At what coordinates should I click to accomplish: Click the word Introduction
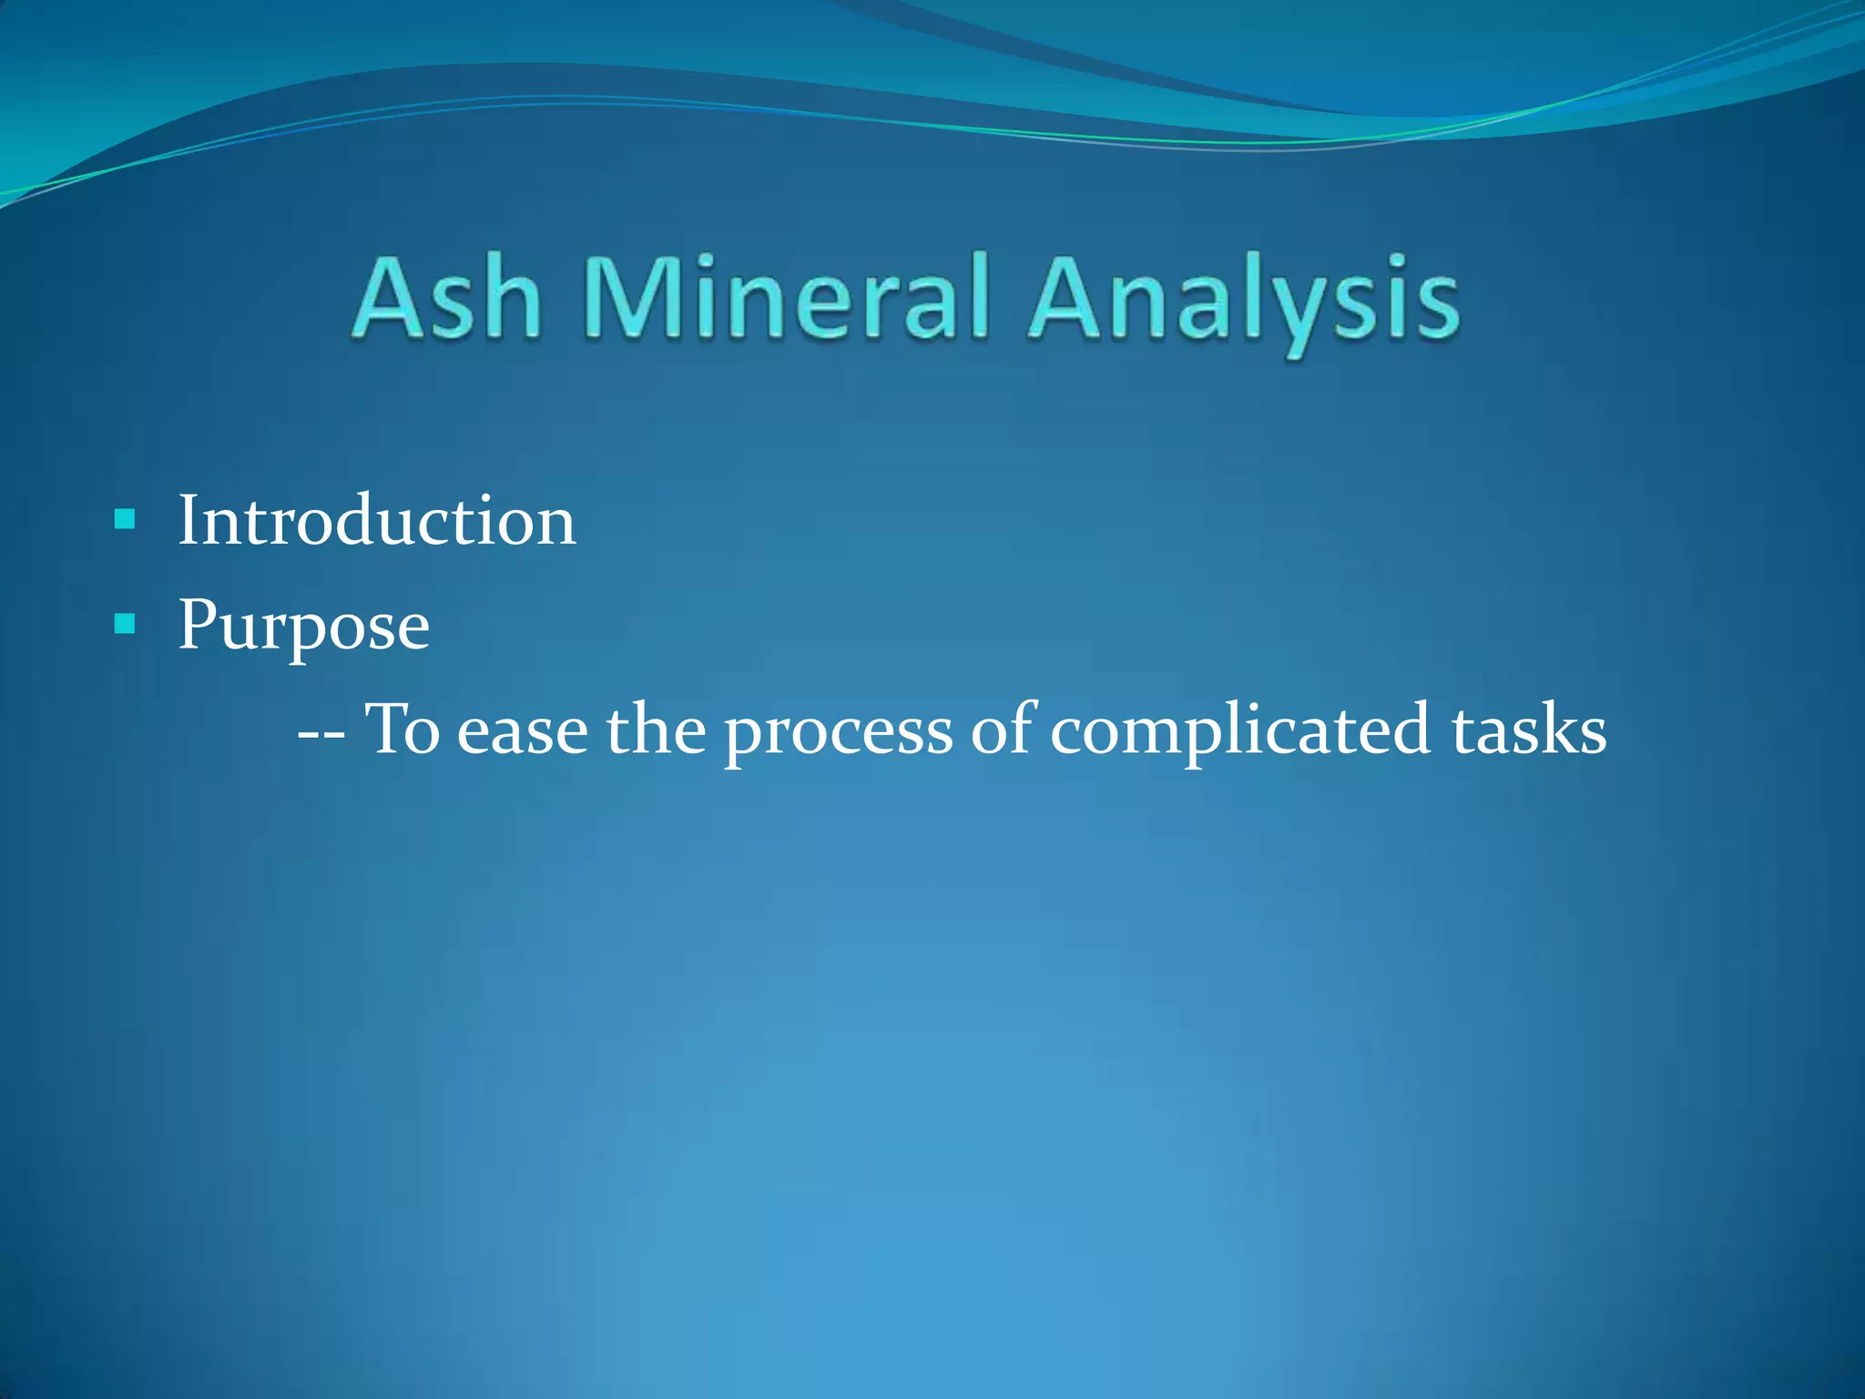point(376,521)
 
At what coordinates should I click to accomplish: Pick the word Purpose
point(303,627)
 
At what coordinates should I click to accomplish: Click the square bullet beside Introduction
point(125,520)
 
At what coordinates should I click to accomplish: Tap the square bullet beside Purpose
point(125,625)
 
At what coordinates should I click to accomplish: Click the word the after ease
point(656,730)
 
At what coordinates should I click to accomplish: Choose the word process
point(838,734)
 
